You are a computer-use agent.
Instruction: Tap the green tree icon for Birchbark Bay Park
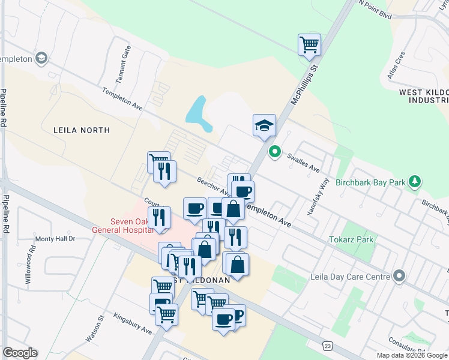pos(414,181)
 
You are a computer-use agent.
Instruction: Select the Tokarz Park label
pos(351,239)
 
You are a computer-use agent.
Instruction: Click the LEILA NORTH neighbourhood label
pos(82,130)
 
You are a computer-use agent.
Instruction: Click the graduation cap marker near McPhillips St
pos(264,125)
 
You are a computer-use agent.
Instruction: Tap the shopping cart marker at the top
pos(309,44)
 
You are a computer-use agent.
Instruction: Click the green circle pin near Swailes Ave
pos(275,152)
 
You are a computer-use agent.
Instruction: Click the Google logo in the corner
pos(20,353)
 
